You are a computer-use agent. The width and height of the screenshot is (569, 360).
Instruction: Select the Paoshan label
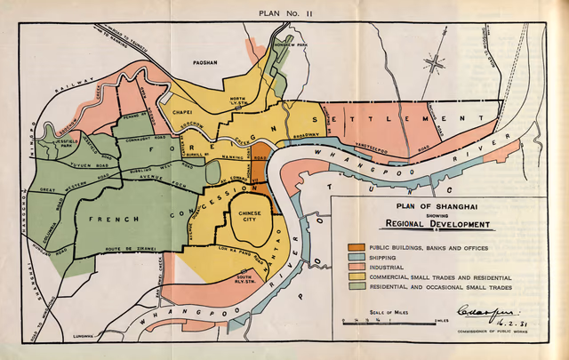(x=206, y=62)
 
